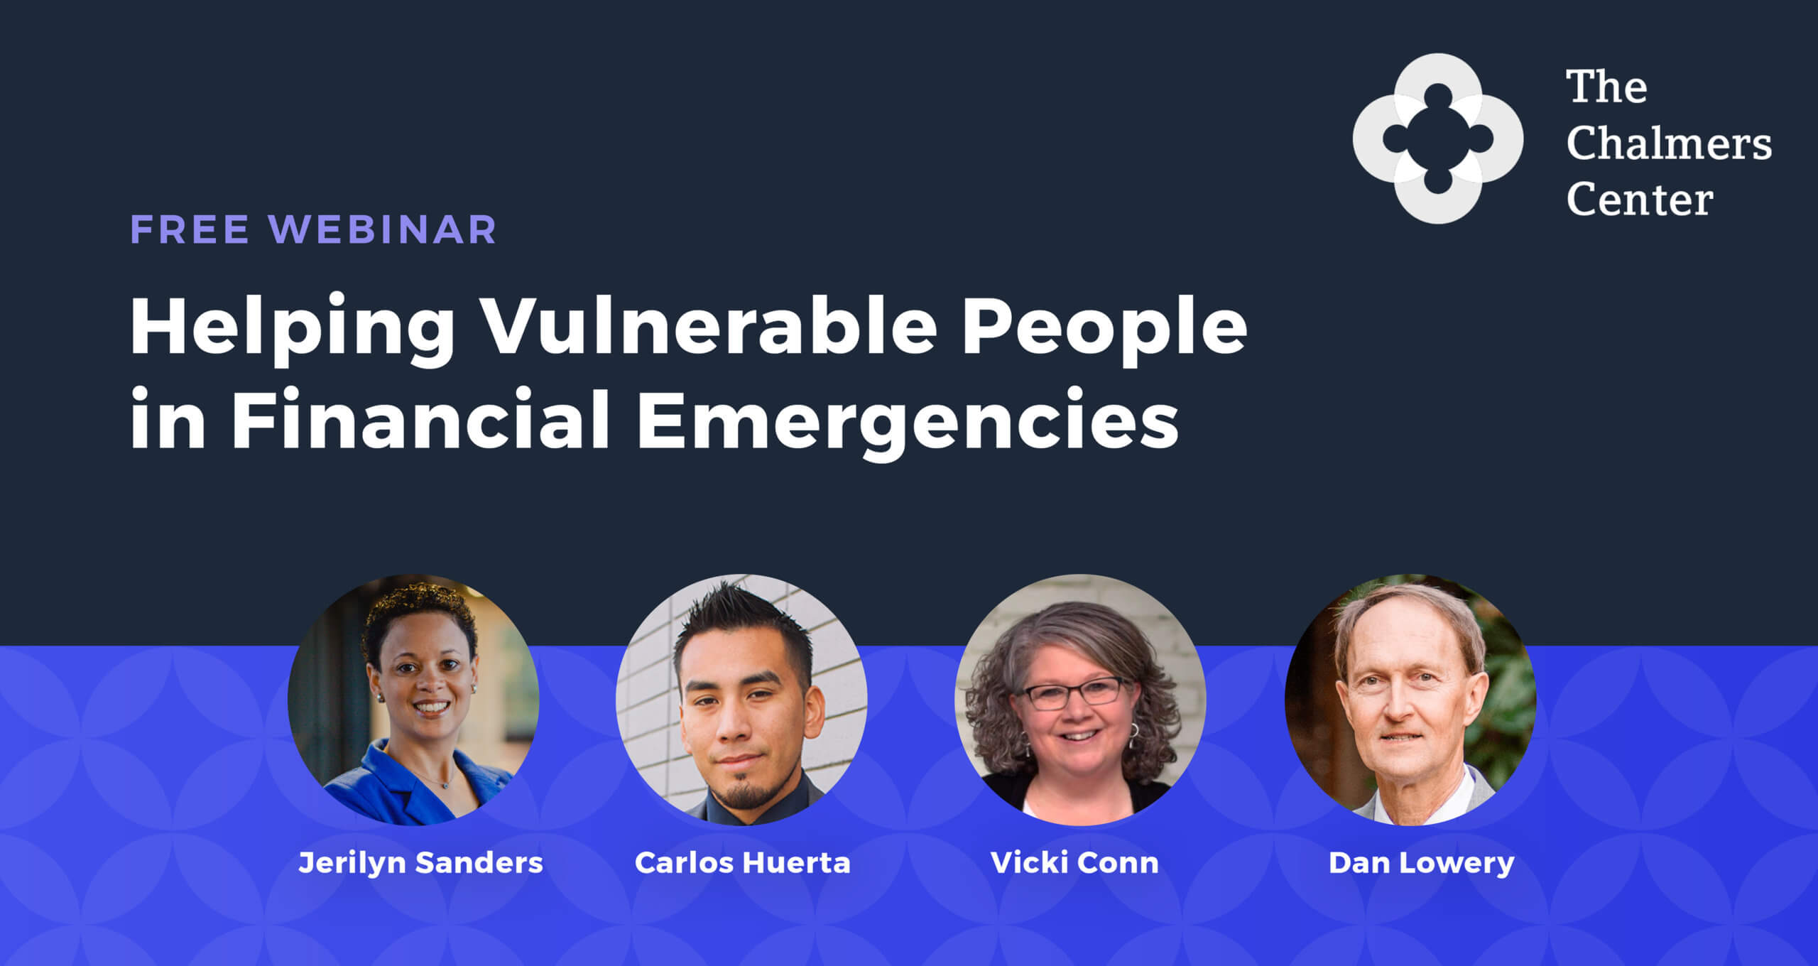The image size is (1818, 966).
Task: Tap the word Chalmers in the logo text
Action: [1668, 143]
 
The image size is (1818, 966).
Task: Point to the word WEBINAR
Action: [383, 229]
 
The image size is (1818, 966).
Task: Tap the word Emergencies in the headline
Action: [908, 422]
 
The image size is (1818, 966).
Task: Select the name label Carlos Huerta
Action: [742, 863]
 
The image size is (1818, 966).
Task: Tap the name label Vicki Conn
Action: [1074, 863]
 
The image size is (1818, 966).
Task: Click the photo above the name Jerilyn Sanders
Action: [413, 700]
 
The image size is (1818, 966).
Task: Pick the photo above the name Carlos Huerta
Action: [741, 700]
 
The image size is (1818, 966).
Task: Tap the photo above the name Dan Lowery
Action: [1410, 700]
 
